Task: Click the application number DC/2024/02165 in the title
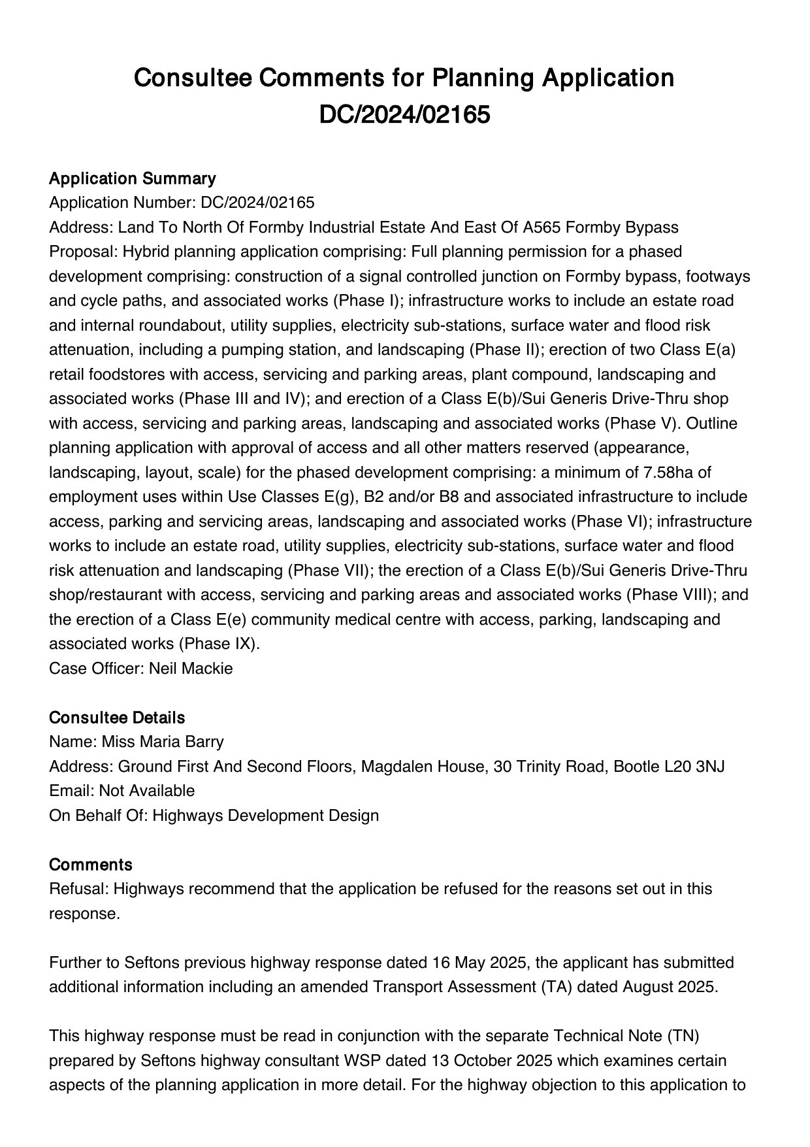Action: [x=404, y=114]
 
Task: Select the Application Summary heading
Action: [x=132, y=178]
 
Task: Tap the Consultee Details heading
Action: [x=117, y=718]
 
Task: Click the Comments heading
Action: [x=90, y=865]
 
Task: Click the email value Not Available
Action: [x=147, y=791]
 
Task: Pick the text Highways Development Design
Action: [x=265, y=816]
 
